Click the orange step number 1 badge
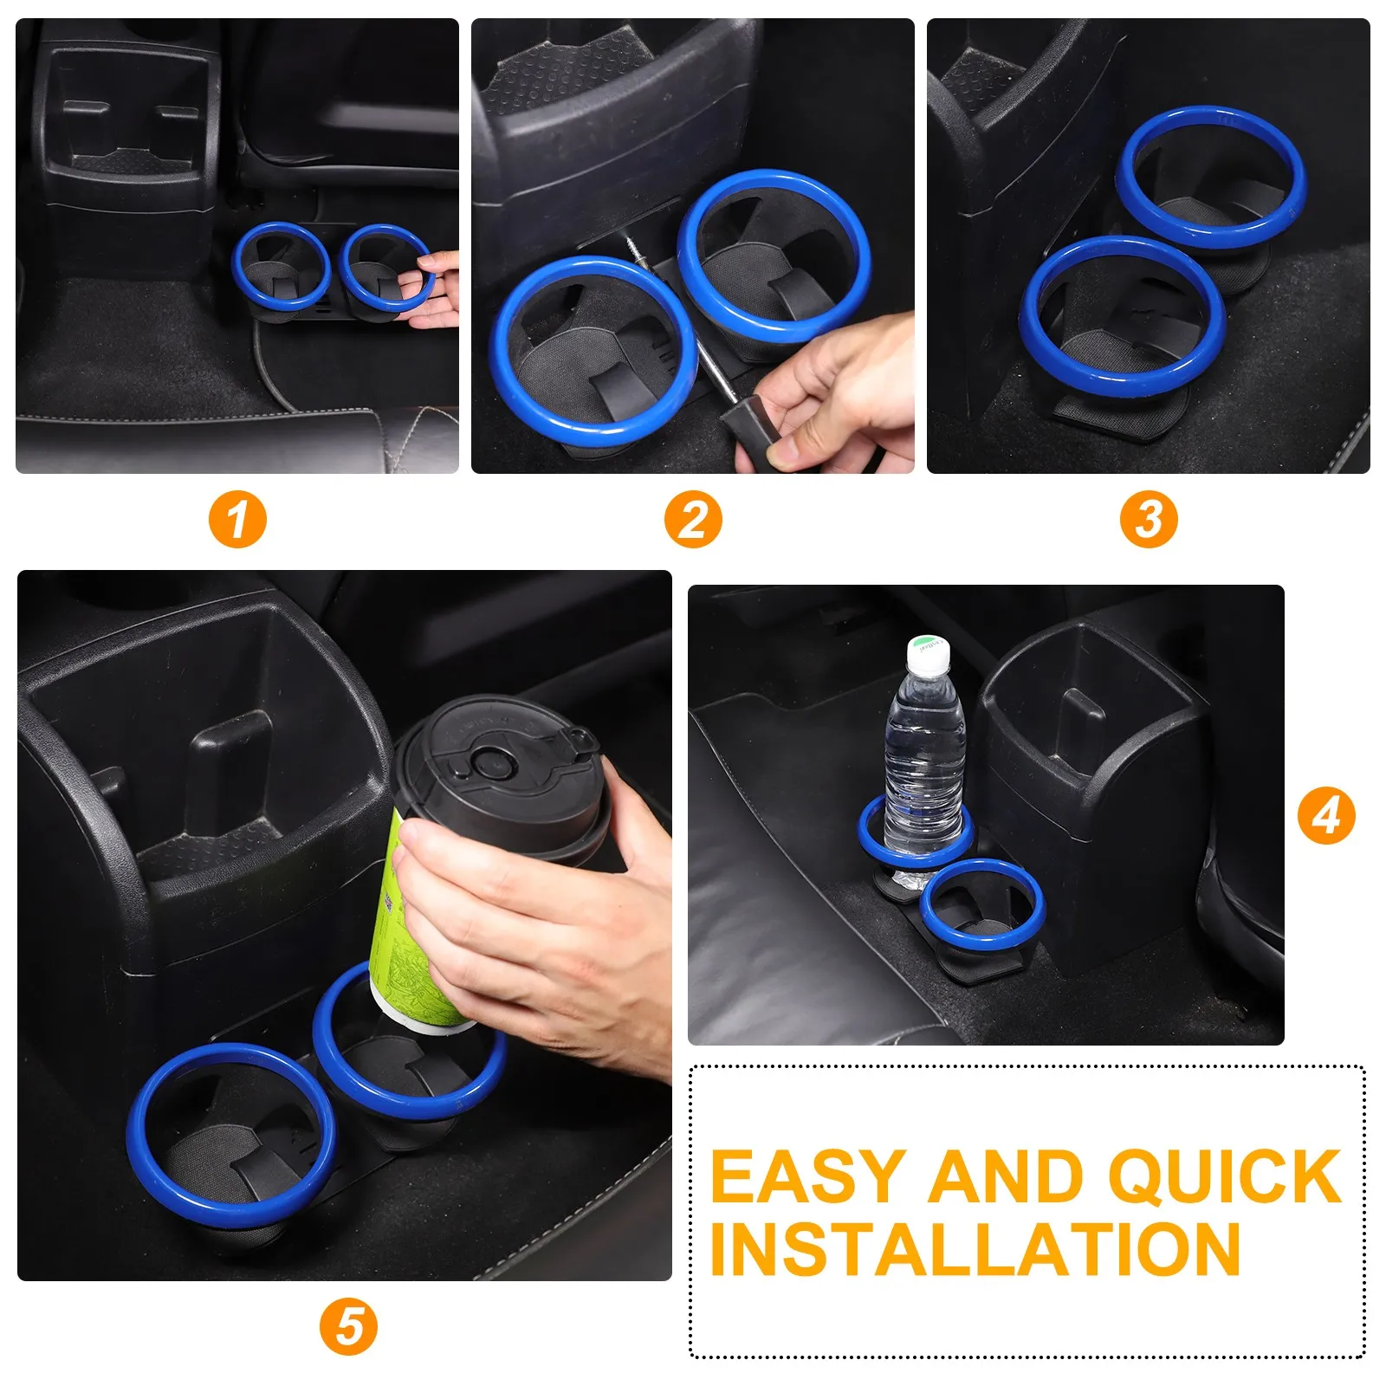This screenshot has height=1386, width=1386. coord(237,521)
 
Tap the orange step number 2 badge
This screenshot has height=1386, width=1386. coord(693,521)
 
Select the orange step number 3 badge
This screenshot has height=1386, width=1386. coord(1149,521)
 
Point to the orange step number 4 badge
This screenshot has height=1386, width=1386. coord(1325,815)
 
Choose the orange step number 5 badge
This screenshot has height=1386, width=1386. coord(348,1327)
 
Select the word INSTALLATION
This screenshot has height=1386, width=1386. coord(975,1249)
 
